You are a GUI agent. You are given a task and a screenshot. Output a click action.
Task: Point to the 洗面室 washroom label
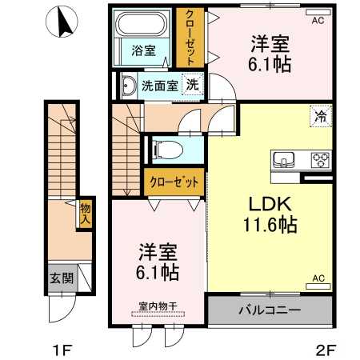pos(160,84)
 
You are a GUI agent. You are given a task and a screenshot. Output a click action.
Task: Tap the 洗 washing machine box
pos(192,84)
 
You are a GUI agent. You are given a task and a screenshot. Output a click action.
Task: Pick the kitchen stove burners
pos(320,158)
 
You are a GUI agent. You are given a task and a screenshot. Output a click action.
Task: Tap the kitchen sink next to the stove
pos(285,159)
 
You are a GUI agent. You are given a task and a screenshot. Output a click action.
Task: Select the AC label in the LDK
pos(317,278)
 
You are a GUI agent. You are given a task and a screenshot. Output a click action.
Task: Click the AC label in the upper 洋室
pos(318,21)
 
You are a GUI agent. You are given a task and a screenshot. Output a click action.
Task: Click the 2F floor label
pos(323,349)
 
